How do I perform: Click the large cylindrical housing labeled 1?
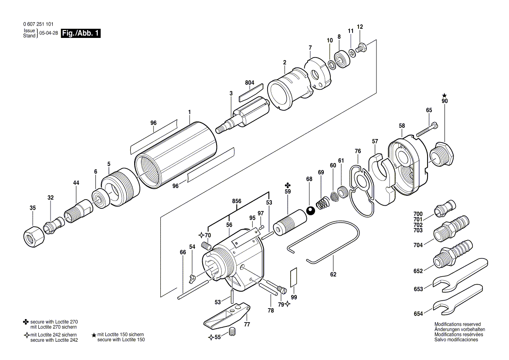(x=176, y=155)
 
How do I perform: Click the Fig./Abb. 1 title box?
(x=81, y=34)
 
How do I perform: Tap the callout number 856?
(x=237, y=201)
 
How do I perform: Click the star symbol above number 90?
(x=444, y=95)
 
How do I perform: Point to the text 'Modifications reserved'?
(x=457, y=324)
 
